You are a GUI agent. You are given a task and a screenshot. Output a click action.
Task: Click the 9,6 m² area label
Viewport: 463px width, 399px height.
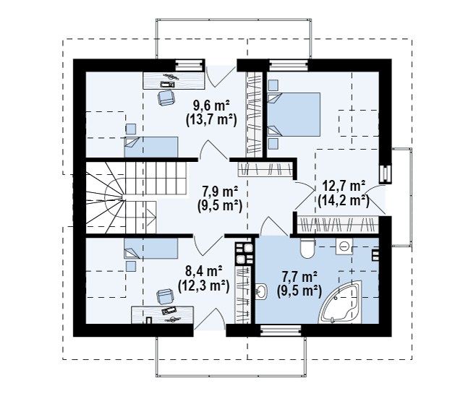[211, 106]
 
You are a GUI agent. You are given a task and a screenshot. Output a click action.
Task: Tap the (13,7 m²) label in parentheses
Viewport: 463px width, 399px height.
[211, 120]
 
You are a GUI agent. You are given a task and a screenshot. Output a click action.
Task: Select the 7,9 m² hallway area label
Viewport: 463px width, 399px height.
[220, 192]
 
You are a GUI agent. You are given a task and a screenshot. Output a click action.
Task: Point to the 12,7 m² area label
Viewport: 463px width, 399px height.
[344, 186]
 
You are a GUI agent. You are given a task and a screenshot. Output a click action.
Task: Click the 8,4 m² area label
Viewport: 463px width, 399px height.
[204, 270]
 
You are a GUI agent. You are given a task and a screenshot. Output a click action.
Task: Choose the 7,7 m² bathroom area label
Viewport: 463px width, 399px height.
[300, 277]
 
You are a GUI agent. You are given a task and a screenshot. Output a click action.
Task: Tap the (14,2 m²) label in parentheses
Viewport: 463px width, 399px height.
[343, 201]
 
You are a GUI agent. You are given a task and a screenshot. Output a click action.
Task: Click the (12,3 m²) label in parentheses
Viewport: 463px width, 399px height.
[204, 285]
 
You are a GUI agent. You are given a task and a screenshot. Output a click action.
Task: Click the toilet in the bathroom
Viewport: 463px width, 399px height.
[307, 248]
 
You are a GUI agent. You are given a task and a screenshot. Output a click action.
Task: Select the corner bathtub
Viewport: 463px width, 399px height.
[341, 302]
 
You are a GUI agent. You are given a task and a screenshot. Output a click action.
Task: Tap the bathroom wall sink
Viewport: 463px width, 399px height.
[261, 291]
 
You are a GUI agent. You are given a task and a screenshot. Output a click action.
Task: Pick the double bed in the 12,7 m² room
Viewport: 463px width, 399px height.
[294, 114]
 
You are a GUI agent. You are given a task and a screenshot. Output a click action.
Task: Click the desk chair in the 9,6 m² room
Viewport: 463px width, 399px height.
[166, 98]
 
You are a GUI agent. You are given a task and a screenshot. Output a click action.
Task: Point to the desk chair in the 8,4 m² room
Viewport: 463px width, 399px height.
[164, 296]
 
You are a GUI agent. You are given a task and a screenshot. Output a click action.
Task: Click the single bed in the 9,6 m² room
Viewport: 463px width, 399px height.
[151, 147]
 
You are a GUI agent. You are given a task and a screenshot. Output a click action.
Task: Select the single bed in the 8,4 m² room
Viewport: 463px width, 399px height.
[151, 249]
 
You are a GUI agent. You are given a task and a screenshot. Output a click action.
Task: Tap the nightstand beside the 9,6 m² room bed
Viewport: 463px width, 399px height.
[131, 129]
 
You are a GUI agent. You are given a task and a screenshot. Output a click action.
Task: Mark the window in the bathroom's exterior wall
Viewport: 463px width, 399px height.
[281, 330]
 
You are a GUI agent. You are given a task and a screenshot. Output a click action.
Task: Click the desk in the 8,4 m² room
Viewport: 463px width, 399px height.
[163, 315]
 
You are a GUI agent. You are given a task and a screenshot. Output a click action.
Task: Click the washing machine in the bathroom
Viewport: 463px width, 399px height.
[344, 246]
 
